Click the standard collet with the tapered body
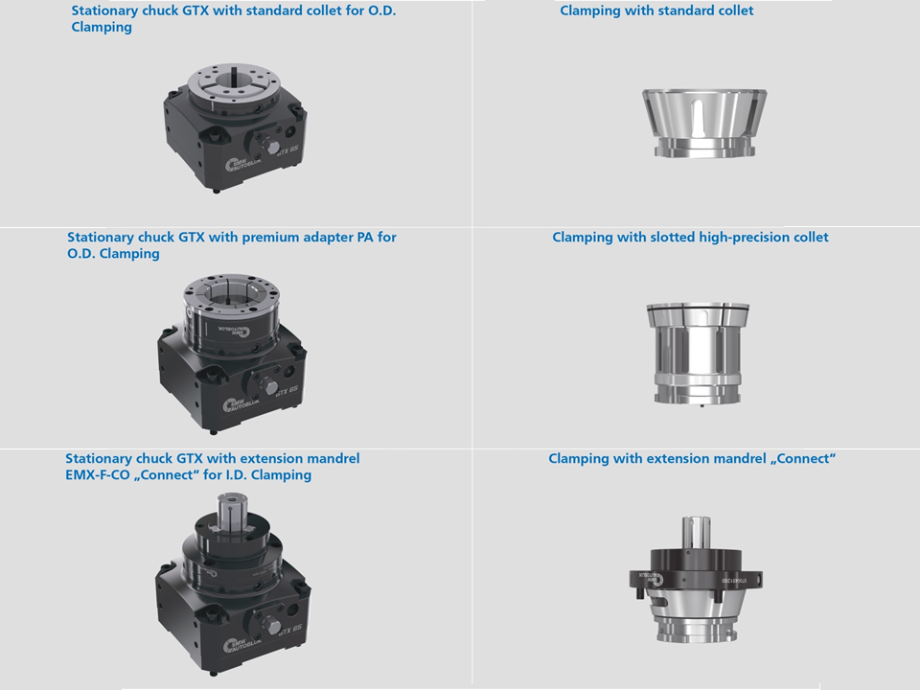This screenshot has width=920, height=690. (704, 123)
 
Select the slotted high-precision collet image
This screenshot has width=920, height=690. (698, 354)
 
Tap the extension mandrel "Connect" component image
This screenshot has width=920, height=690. (696, 580)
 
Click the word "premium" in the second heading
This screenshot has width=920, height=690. (267, 238)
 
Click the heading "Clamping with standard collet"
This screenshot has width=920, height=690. (656, 11)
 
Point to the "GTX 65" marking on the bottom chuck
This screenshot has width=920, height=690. (289, 630)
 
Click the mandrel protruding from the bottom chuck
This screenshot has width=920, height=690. (233, 512)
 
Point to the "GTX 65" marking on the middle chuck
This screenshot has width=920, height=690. (287, 391)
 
